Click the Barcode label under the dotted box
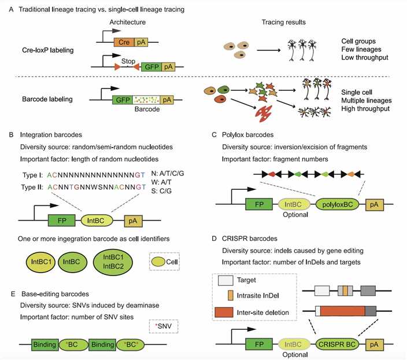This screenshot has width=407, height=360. pyautogui.click(x=146, y=109)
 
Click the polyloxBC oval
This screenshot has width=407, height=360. pyautogui.click(x=338, y=204)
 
